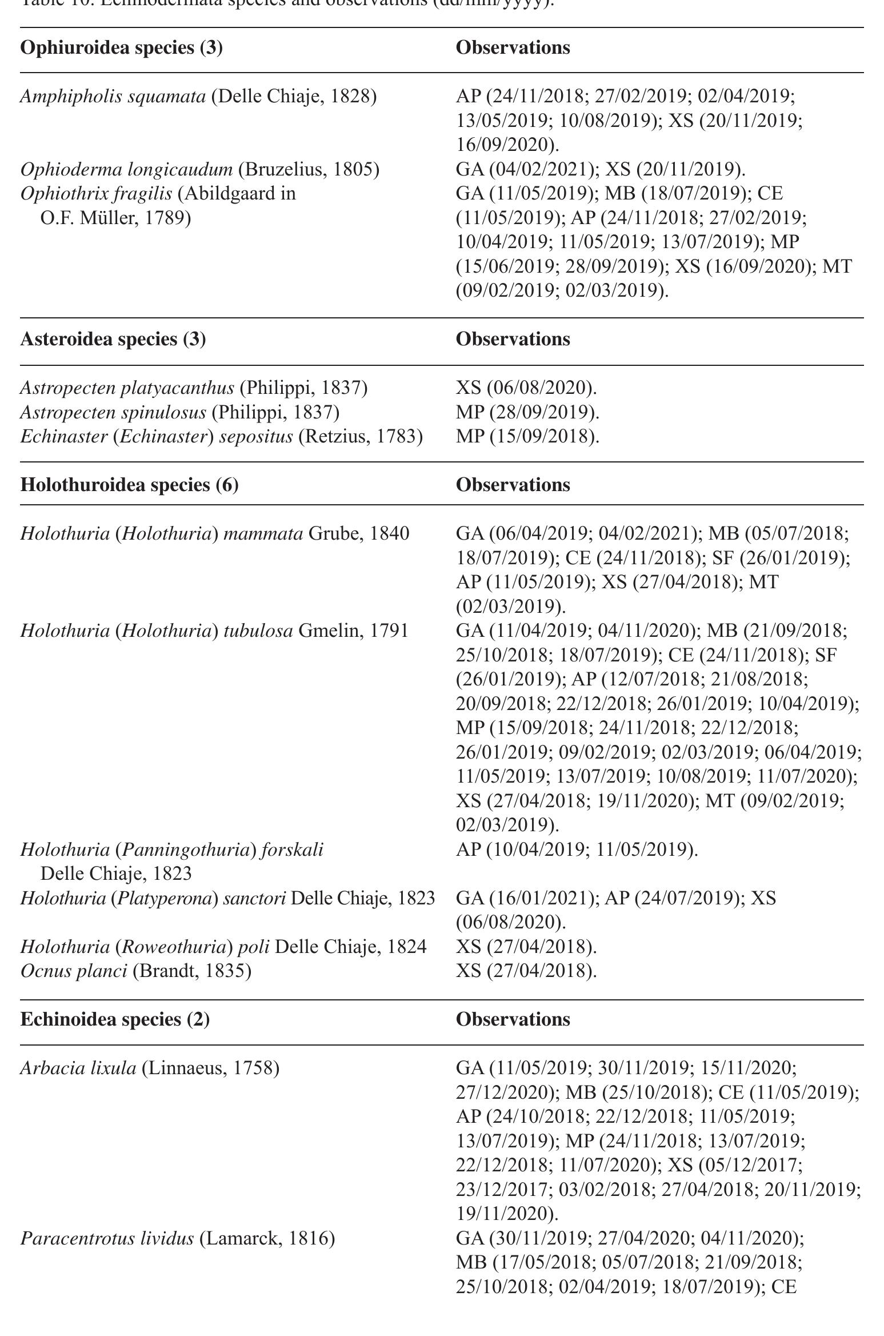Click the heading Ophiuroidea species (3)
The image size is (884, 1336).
(x=121, y=47)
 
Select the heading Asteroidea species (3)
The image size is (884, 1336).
(x=113, y=339)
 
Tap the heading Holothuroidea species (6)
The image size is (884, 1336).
(x=129, y=485)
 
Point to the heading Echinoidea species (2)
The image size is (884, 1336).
(x=115, y=1019)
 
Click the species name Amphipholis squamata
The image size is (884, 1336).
(x=113, y=97)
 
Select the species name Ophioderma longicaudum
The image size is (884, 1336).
(x=126, y=169)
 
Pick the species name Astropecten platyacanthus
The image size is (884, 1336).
(x=127, y=388)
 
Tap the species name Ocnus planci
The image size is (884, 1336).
(x=73, y=971)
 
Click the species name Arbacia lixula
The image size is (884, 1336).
(x=78, y=1067)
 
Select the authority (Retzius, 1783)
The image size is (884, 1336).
(x=361, y=437)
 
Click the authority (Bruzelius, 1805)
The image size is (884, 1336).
(x=309, y=169)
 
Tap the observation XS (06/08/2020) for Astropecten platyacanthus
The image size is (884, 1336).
(x=526, y=388)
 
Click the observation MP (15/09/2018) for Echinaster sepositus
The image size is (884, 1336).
(x=527, y=437)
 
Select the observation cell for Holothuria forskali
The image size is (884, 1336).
(x=577, y=850)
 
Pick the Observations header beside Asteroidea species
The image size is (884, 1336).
(x=513, y=339)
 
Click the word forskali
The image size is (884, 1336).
(x=292, y=850)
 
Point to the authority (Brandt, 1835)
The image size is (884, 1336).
(x=192, y=971)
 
